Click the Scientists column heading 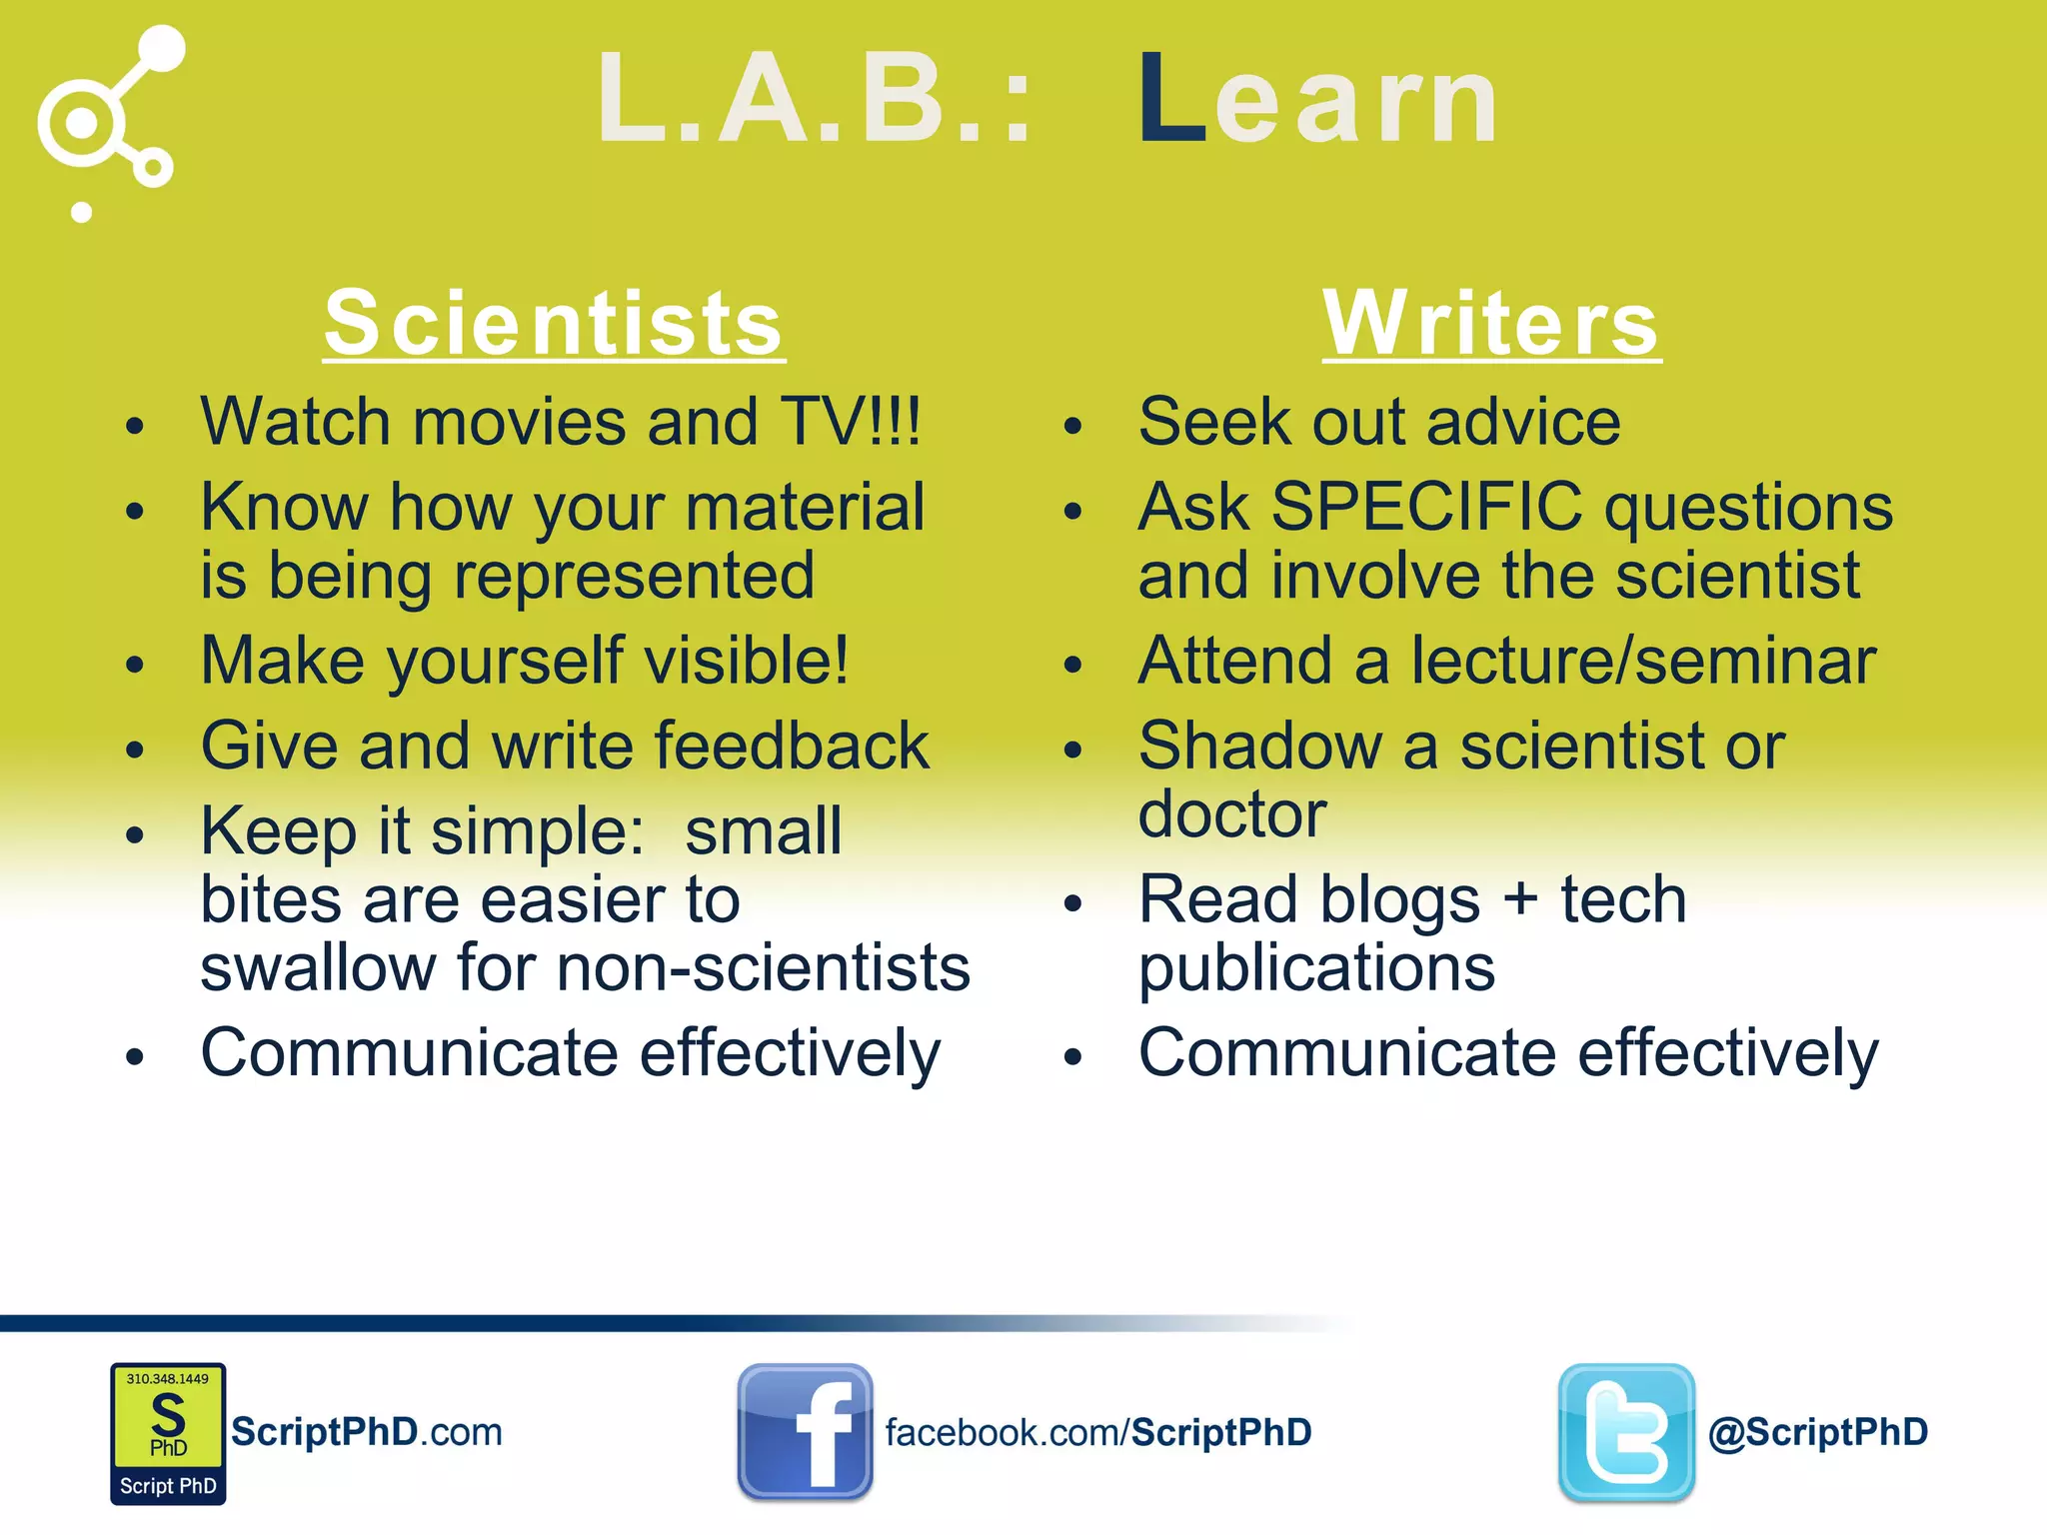point(554,323)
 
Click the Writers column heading point(1491,323)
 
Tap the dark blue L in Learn point(1171,100)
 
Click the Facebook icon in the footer point(805,1431)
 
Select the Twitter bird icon point(1626,1431)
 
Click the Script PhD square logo point(168,1433)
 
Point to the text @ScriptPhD point(1818,1432)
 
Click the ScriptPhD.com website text point(366,1432)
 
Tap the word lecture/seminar point(1643,662)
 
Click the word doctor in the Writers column point(1231,814)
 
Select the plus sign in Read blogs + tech point(1520,898)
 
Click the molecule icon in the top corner point(110,120)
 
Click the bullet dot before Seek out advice point(1072,427)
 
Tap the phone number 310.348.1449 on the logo point(167,1379)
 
